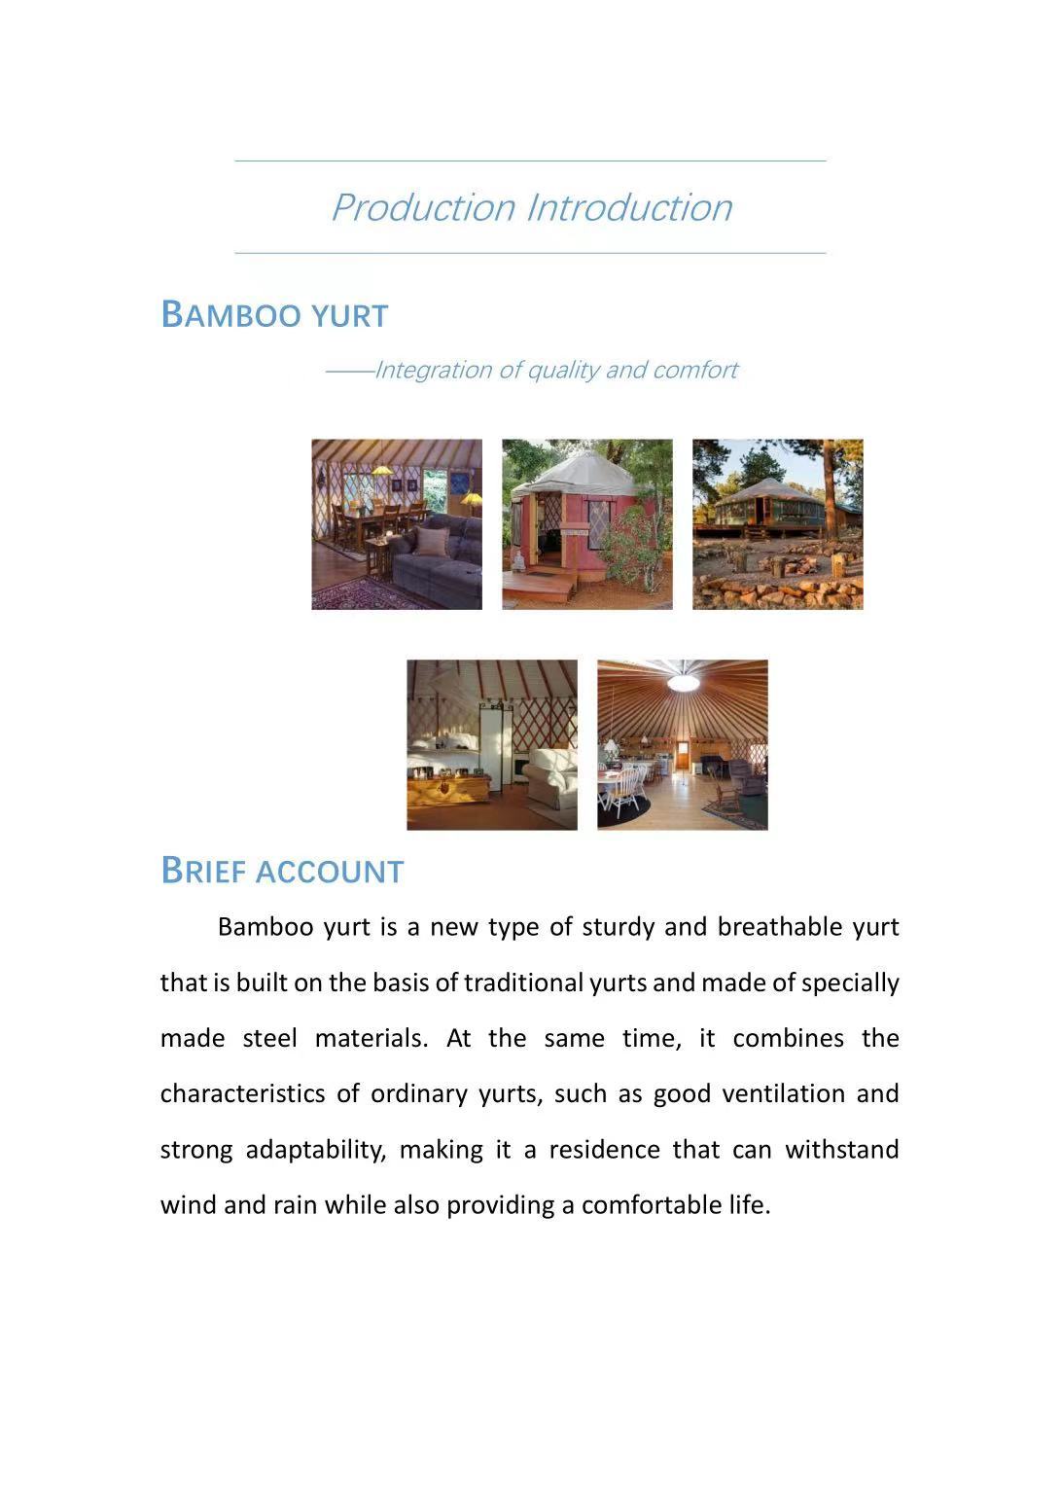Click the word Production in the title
[423, 208]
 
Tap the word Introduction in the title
[629, 208]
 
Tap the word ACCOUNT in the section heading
[330, 872]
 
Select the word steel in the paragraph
[269, 1039]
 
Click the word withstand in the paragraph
[841, 1150]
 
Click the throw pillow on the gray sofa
[432, 541]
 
